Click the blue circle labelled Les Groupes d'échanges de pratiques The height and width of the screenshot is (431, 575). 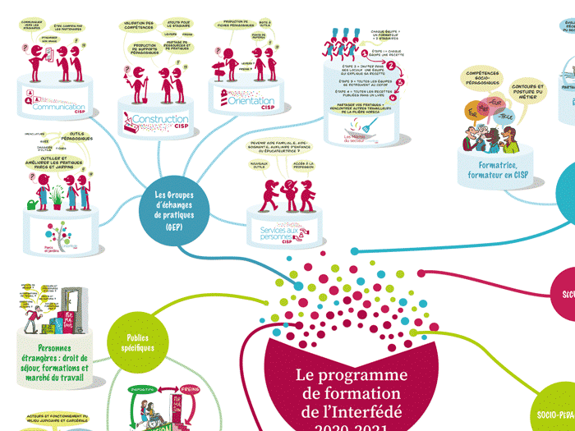point(172,210)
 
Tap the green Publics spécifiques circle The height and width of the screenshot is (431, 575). point(140,342)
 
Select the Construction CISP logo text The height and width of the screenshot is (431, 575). point(159,122)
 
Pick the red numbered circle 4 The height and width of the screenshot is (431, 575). point(392,99)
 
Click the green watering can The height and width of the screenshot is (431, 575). point(34,204)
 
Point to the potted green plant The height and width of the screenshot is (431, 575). point(56,197)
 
